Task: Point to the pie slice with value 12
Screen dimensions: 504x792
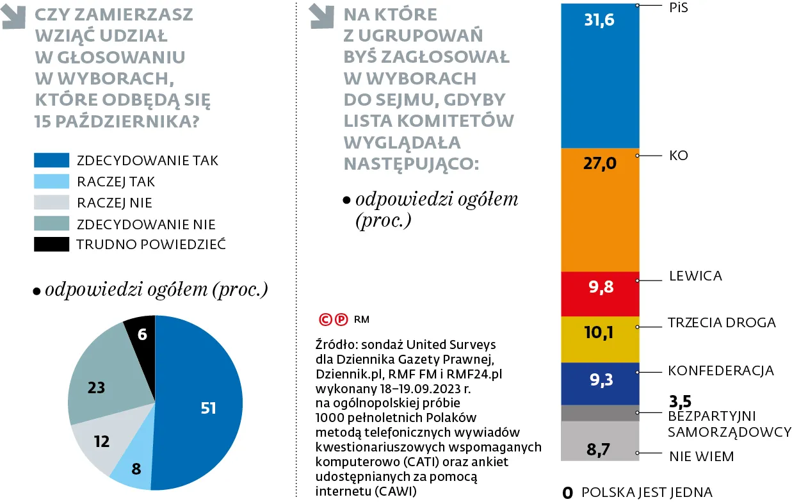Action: (99, 442)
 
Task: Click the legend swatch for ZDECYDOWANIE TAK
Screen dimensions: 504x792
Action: (51, 159)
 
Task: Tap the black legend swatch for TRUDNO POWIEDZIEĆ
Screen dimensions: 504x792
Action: (51, 244)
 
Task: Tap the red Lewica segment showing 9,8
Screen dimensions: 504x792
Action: (599, 294)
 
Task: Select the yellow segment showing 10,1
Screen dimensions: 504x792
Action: (599, 339)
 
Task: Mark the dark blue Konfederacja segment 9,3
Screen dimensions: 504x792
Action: (599, 384)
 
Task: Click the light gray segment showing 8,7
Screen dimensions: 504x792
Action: (599, 442)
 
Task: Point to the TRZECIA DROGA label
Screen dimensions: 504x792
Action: (722, 323)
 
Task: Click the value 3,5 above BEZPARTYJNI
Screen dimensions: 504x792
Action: (680, 402)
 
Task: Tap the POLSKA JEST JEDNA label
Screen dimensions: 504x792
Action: (647, 492)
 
